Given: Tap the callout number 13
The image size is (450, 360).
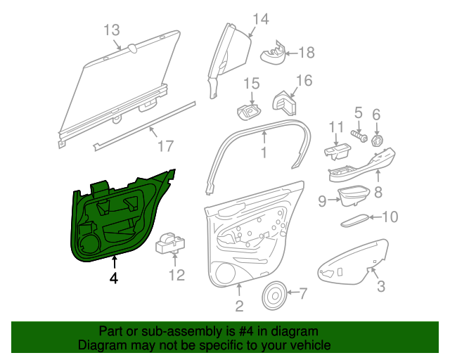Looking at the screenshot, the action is pyautogui.click(x=111, y=30).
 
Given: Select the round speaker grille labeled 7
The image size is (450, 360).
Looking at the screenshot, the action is pyautogui.click(x=274, y=295).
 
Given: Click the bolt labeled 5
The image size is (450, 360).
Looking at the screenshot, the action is pyautogui.click(x=359, y=136).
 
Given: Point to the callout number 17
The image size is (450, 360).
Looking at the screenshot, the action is pyautogui.click(x=166, y=146).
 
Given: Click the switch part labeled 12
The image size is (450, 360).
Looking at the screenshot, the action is pyautogui.click(x=170, y=243).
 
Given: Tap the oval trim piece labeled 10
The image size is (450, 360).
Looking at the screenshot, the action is pyautogui.click(x=354, y=220).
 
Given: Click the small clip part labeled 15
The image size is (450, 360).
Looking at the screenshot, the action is pyautogui.click(x=249, y=112).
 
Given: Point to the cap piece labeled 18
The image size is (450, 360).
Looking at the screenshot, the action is pyautogui.click(x=273, y=53).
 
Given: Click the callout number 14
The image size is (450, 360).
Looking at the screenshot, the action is pyautogui.click(x=261, y=19).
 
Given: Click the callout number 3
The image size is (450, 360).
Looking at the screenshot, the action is pyautogui.click(x=381, y=286).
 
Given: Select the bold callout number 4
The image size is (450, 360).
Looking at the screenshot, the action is pyautogui.click(x=114, y=278).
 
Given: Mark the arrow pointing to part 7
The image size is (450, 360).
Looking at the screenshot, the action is pyautogui.click(x=292, y=292).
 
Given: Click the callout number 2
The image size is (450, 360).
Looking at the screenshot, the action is pyautogui.click(x=239, y=306).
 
